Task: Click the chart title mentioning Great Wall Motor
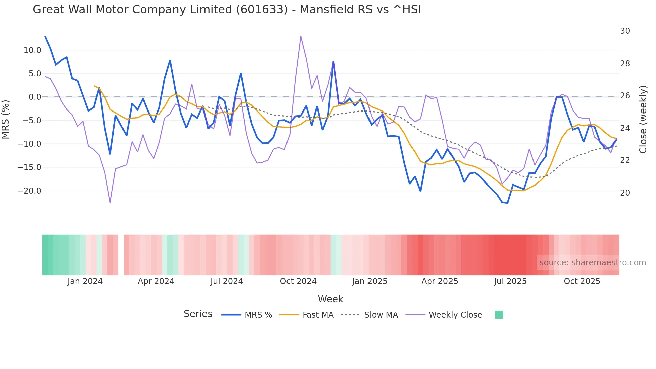click(x=227, y=10)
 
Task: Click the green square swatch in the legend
click(x=499, y=315)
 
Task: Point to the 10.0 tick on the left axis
click(x=32, y=50)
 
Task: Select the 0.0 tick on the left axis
click(x=35, y=97)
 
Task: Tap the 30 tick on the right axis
click(x=625, y=31)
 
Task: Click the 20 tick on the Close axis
click(x=625, y=193)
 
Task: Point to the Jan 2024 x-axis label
click(x=85, y=281)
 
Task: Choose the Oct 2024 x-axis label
click(x=298, y=281)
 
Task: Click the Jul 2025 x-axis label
click(x=510, y=281)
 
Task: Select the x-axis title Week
click(x=330, y=299)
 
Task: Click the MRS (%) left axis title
click(x=6, y=119)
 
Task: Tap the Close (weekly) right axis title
click(x=643, y=119)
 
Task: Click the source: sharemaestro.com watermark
click(x=592, y=263)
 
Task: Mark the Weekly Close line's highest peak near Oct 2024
click(x=301, y=36)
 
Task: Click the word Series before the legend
click(x=198, y=314)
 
